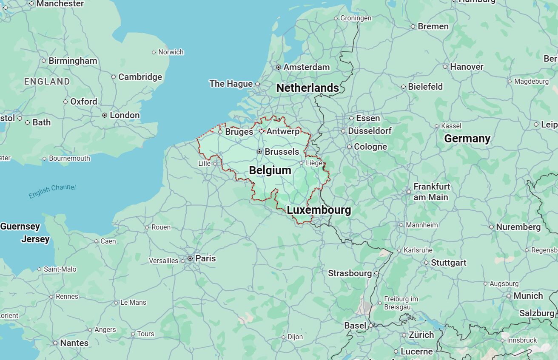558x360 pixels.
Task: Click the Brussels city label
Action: point(282,152)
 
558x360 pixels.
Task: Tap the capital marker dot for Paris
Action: point(190,258)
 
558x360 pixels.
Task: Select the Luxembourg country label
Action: point(319,210)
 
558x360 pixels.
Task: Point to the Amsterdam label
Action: point(306,67)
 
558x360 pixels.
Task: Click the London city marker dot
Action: point(105,115)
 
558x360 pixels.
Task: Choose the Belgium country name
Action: point(270,170)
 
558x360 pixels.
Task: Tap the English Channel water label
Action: point(52,191)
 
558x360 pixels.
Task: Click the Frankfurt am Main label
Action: point(431,192)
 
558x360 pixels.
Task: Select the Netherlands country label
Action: point(307,88)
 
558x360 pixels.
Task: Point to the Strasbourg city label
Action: point(350,273)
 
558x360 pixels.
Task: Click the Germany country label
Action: point(467,139)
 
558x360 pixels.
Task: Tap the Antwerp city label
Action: point(283,131)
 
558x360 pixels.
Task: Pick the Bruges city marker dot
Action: point(220,132)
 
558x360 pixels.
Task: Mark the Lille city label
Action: point(204,164)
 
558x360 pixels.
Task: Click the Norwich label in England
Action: point(171,52)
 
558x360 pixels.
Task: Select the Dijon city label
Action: point(295,337)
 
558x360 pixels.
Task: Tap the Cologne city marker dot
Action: point(349,147)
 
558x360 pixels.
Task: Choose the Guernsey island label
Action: point(20,227)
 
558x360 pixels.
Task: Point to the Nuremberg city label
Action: point(518,227)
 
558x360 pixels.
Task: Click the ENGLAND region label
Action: point(47,82)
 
